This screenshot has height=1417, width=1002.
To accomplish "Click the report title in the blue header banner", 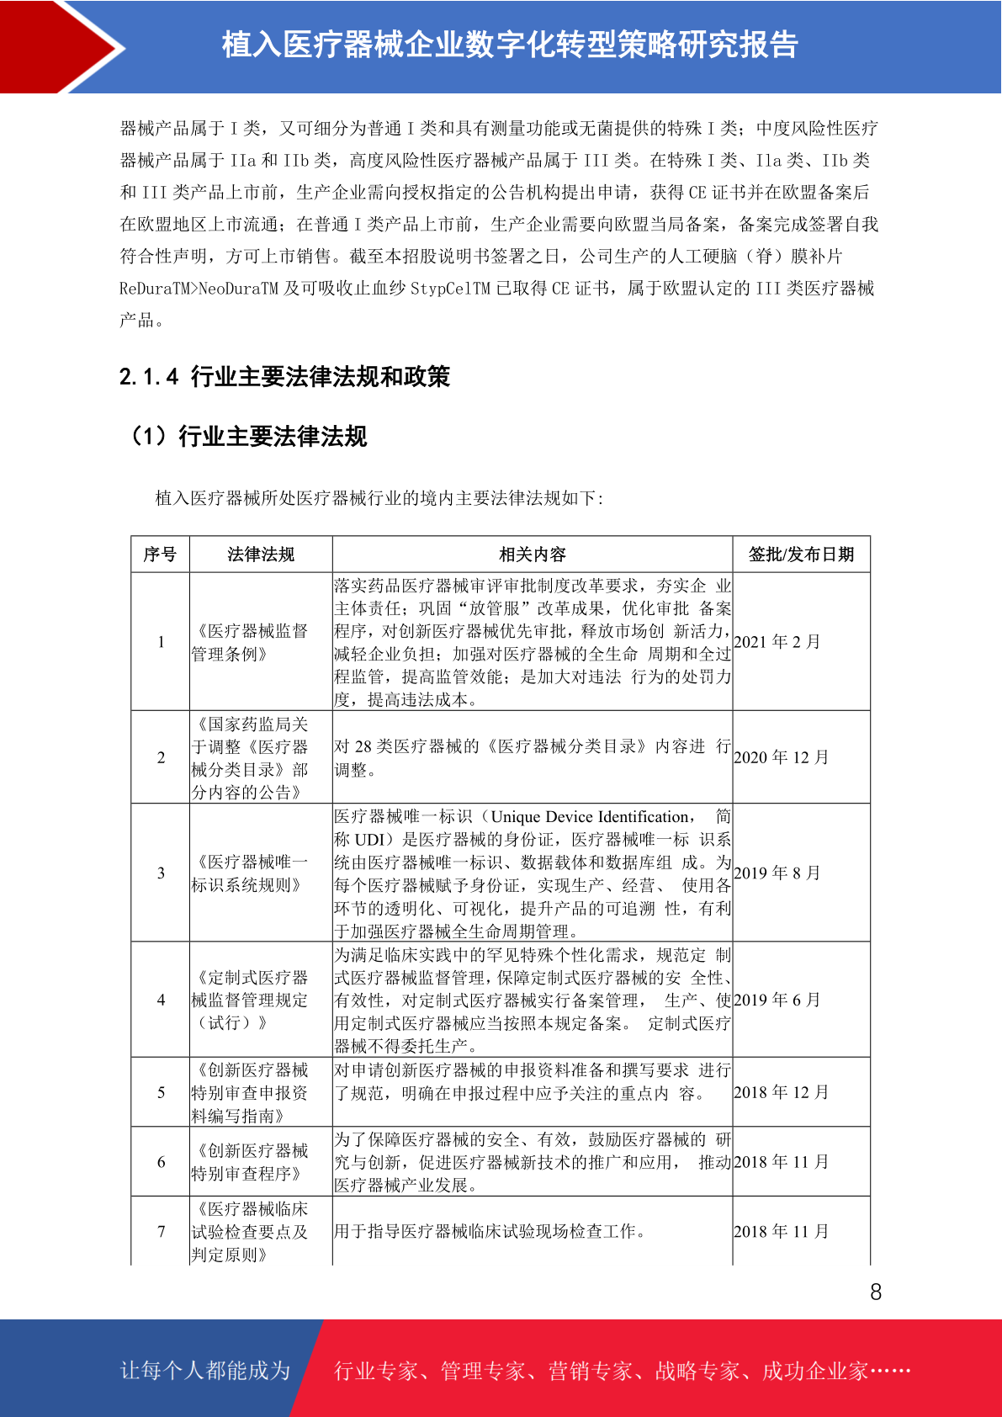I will pos(510,45).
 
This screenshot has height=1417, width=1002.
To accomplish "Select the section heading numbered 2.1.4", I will pos(284,376).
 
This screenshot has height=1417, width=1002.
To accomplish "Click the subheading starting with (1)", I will pos(248,436).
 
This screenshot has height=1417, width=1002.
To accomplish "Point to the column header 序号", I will pos(160,555).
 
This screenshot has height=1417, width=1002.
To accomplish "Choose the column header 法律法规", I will pos(261,555).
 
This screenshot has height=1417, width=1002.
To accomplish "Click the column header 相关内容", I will pos(533,555).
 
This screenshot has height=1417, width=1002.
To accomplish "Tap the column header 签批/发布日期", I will pos(801,555).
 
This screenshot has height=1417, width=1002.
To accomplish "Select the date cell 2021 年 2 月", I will pos(777,642).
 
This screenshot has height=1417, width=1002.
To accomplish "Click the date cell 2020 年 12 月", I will pos(781,757).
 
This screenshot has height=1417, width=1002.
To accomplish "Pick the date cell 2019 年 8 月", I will pos(777,873).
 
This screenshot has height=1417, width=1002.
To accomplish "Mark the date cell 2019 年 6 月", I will pos(777,1000).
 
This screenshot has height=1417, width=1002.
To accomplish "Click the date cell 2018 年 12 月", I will pos(781,1092).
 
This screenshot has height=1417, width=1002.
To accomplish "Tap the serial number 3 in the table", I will pos(161,873).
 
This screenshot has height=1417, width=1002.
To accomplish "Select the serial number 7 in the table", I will pos(161,1231).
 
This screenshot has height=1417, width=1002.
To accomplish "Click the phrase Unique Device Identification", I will pos(589,816).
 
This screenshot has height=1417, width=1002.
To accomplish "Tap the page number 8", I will pos(876,1292).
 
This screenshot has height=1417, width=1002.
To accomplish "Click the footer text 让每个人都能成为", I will pos(205,1371).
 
